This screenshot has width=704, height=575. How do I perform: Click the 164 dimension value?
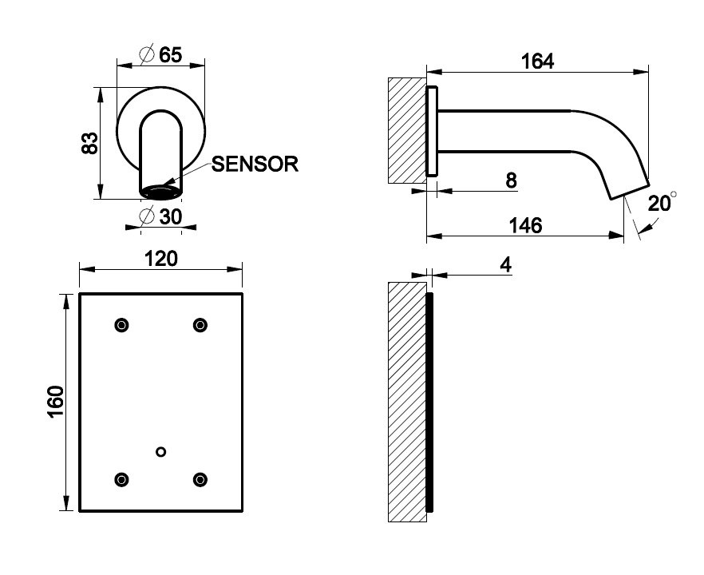(537, 61)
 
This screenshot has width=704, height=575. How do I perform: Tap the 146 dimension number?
(525, 225)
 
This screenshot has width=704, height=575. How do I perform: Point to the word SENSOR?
(255, 165)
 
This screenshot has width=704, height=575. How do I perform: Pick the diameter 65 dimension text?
(160, 55)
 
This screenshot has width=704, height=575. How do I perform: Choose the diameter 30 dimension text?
(160, 217)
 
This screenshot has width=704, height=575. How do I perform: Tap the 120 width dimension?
(160, 259)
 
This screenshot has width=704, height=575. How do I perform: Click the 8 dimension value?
(511, 180)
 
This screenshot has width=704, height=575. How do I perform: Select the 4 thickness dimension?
(505, 264)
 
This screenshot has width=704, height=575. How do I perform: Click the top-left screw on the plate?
(121, 324)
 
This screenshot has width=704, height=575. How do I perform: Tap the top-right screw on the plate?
(200, 324)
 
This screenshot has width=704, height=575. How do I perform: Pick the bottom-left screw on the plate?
(121, 479)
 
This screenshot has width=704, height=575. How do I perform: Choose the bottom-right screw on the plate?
(200, 479)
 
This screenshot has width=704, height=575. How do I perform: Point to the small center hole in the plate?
(161, 452)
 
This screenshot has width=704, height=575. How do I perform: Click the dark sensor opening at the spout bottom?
(161, 192)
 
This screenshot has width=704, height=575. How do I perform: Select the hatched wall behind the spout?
(406, 130)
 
